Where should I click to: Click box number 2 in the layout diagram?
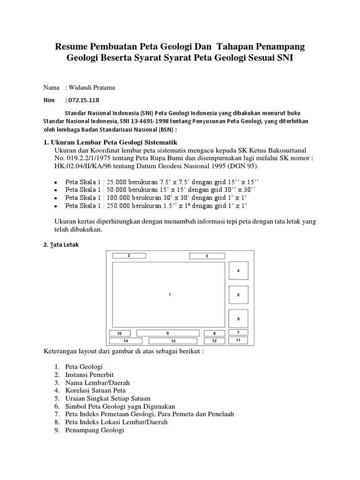point(128,256)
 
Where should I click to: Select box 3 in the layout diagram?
point(206,256)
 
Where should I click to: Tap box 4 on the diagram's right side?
point(238,271)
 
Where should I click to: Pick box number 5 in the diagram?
point(238,295)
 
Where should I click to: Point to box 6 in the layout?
point(238,319)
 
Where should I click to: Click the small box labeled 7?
point(238,332)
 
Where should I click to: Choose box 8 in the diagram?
point(214,333)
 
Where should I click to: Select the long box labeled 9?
point(167,333)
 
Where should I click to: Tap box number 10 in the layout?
point(119,333)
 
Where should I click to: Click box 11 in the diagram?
point(238,340)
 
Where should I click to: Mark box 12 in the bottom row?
point(214,341)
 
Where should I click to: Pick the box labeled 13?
point(173,341)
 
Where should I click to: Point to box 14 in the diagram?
point(126,341)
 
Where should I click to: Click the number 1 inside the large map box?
point(169,294)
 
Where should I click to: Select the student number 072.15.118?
point(83,100)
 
